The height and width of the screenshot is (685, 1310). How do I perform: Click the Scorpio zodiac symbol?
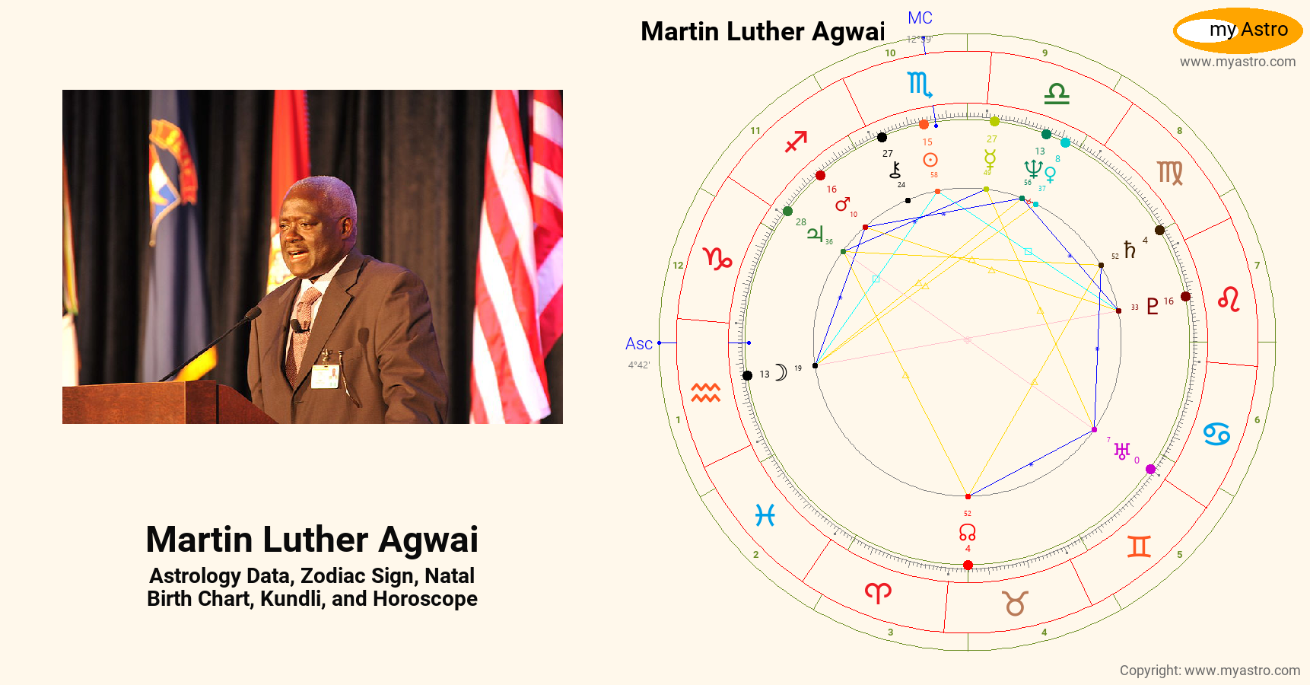[919, 84]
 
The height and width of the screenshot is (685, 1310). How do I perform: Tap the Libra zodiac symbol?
[1057, 94]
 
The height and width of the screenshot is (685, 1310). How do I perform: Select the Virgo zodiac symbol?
[1170, 174]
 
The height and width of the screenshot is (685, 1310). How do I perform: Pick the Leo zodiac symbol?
[1229, 299]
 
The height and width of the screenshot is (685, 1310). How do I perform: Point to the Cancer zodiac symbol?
[1216, 434]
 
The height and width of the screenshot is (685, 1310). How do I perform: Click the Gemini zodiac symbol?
[1139, 546]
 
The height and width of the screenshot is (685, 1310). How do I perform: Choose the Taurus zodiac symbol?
[1016, 604]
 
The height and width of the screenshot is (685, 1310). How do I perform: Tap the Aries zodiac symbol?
[878, 593]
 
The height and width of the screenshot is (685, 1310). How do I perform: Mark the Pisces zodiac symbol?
[765, 516]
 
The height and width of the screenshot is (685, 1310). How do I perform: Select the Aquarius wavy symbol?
[705, 393]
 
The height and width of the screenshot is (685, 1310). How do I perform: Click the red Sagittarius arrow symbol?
[796, 141]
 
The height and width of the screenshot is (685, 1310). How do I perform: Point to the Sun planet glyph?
[930, 160]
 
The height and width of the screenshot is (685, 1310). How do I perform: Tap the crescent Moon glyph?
[781, 372]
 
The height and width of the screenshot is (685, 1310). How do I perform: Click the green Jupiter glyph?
[815, 233]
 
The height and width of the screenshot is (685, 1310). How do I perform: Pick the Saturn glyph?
[1130, 250]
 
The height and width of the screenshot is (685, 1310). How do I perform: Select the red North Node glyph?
[967, 531]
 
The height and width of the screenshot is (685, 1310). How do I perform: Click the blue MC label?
[920, 18]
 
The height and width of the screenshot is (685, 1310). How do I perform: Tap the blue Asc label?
[638, 344]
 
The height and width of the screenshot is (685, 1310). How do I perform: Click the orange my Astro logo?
[1238, 30]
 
